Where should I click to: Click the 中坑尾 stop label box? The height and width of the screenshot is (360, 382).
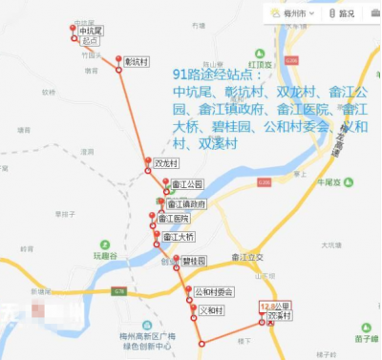tap(91, 32)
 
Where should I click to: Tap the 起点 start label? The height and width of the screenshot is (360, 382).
tap(91, 42)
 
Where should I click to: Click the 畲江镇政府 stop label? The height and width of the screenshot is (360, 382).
tap(185, 204)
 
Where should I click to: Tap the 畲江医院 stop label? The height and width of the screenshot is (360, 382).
tap(173, 220)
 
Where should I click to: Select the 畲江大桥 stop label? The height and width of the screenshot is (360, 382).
tap(179, 236)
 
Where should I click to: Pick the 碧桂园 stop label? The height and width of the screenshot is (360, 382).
tap(195, 260)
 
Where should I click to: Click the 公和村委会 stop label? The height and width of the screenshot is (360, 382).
tap(214, 291)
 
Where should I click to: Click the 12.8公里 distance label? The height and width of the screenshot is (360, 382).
tap(275, 306)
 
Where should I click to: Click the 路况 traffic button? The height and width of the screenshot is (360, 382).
tap(342, 13)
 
